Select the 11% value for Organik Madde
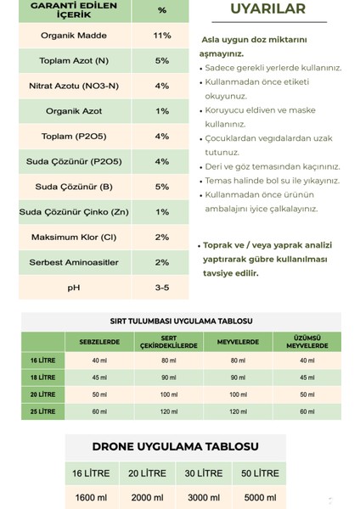pos(162,36)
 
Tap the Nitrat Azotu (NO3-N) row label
pos(74,86)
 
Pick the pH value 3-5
pos(162,288)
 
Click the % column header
pos(162,10)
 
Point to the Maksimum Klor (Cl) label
pos(74,237)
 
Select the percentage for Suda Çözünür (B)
pos(162,187)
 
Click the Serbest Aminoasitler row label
pos(74,262)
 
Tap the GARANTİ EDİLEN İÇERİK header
pos(74,10)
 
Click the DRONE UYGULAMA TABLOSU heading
pos(176,446)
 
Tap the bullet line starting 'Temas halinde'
pos(272,181)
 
